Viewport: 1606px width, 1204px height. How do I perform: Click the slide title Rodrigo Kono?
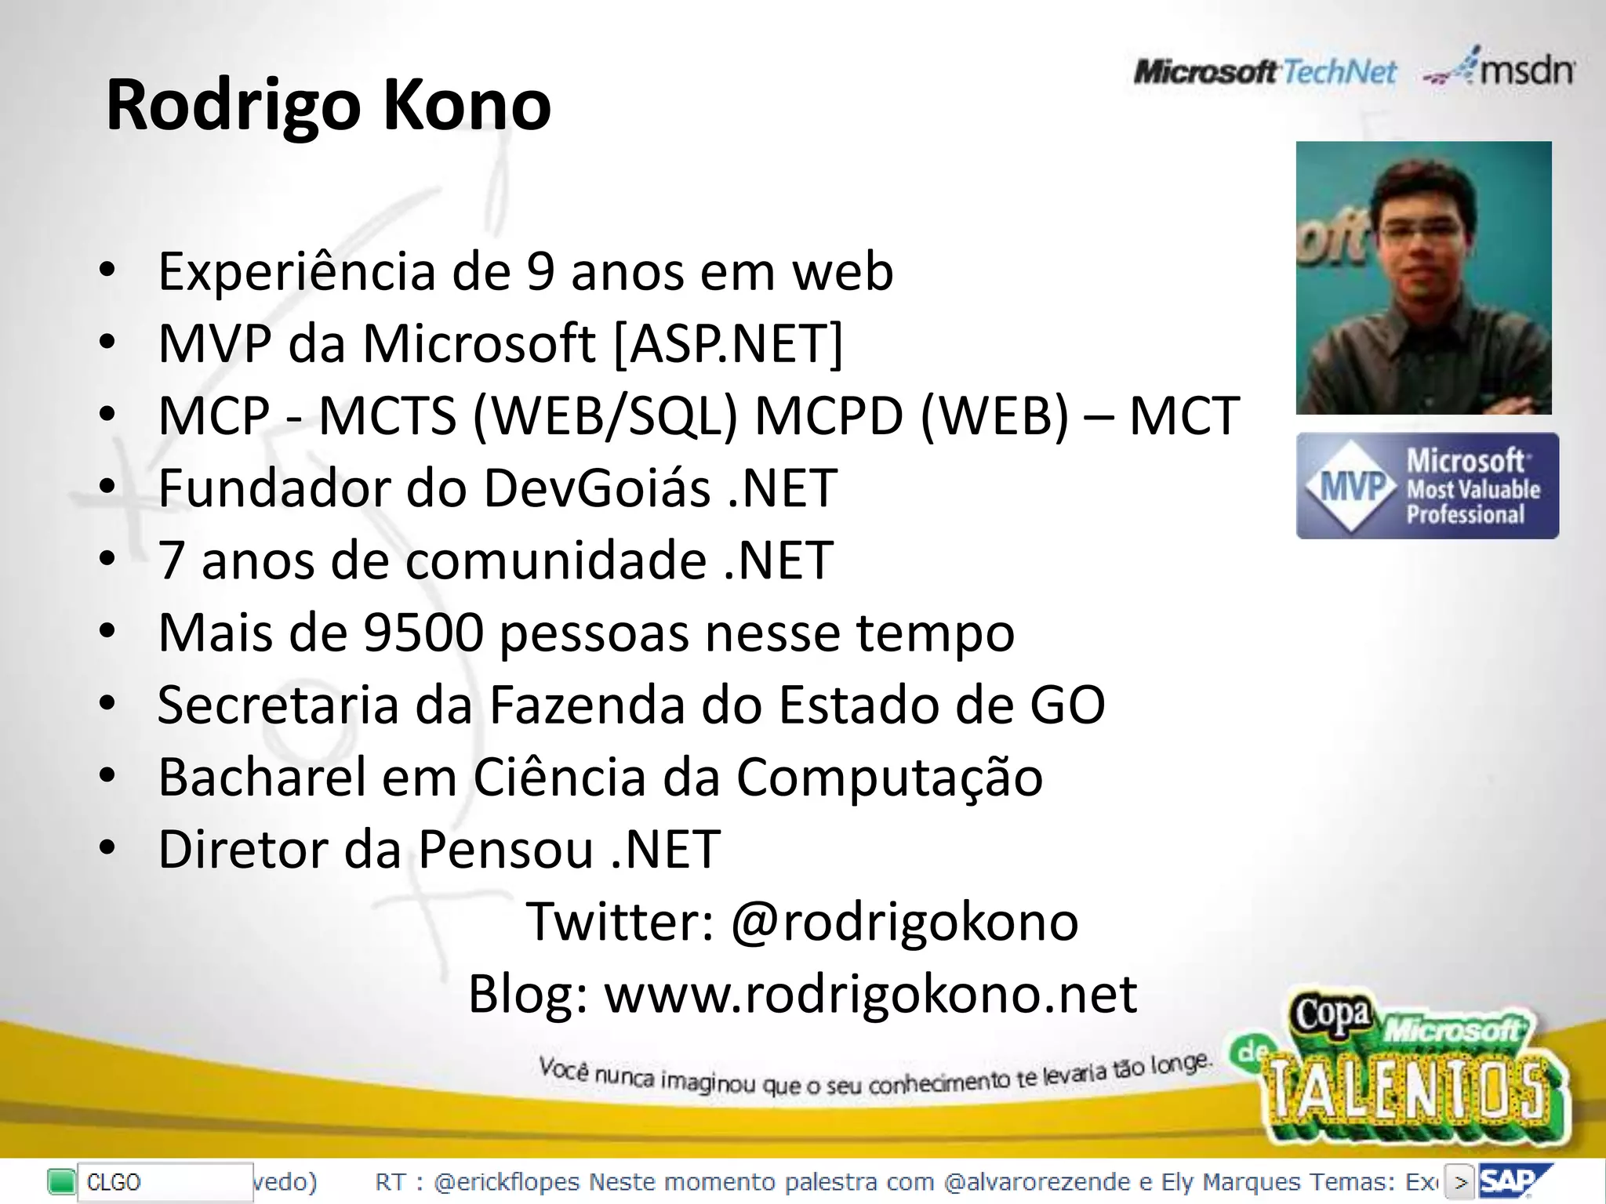point(329,105)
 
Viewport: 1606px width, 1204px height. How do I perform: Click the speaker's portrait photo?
point(1423,277)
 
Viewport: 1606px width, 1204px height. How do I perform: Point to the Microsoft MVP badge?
point(1427,486)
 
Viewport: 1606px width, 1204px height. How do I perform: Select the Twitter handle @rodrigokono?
point(904,922)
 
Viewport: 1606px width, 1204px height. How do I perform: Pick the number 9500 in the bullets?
point(424,633)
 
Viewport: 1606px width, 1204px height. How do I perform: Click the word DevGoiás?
point(597,488)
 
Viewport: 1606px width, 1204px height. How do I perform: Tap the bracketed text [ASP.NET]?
point(728,343)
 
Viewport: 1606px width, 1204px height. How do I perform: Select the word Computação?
point(889,778)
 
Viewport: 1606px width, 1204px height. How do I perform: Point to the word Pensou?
point(505,850)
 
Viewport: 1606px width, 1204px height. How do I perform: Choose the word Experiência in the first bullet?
point(297,272)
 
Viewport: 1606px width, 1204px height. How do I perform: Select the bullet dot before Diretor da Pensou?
point(107,848)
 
